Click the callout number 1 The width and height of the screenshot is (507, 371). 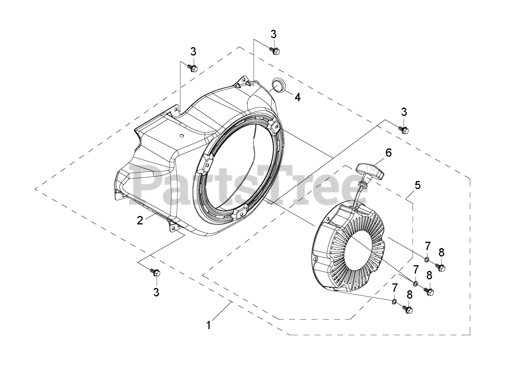tap(209, 326)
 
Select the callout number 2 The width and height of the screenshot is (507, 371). tap(140, 220)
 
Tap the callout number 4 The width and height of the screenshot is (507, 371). tap(297, 97)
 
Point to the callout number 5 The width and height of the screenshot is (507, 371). tap(417, 185)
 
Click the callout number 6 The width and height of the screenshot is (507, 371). tap(389, 153)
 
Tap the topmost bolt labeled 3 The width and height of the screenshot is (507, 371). tap(274, 51)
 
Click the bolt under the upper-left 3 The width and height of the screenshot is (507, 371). tap(193, 68)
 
